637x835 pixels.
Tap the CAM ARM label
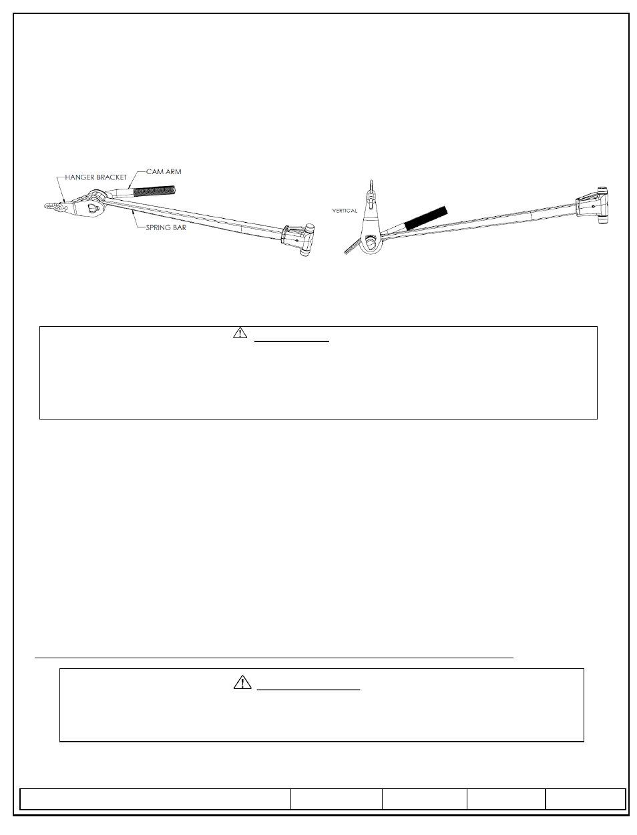(164, 171)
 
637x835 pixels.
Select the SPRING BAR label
(166, 227)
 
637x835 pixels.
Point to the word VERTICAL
(345, 210)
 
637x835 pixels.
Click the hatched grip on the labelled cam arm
(155, 191)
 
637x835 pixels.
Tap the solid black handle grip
(426, 218)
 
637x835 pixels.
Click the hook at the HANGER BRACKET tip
(51, 207)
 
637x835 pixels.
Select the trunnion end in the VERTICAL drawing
(592, 205)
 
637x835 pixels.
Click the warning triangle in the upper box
(240, 333)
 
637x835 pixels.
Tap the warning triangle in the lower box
(242, 682)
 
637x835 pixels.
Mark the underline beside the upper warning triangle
(292, 341)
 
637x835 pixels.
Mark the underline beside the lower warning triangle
(308, 690)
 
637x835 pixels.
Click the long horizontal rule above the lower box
(274, 657)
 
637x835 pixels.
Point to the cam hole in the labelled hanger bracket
(93, 208)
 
